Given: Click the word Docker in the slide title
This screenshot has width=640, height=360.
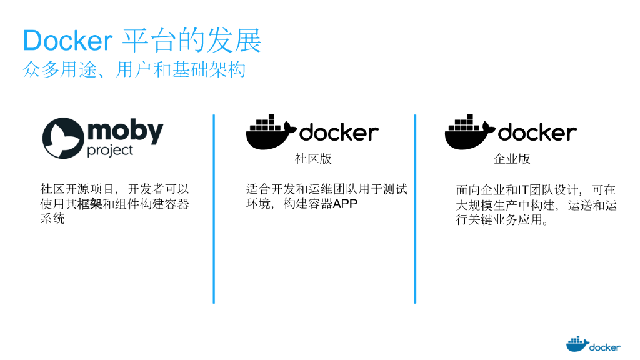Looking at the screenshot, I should [x=67, y=41].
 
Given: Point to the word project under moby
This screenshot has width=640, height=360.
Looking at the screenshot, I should [x=110, y=151].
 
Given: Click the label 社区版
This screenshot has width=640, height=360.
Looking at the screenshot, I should [x=313, y=159].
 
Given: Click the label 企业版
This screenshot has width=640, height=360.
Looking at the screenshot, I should [x=512, y=159].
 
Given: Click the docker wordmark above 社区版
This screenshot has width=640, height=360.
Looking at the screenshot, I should [x=339, y=132].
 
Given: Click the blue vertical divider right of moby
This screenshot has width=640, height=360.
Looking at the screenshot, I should [x=214, y=209].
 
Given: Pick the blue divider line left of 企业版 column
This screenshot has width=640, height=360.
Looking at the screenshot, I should [x=415, y=209].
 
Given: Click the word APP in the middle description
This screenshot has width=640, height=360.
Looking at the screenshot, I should [x=345, y=204].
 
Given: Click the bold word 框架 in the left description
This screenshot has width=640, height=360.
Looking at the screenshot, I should [x=90, y=204].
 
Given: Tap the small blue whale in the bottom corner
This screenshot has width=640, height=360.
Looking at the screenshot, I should [x=577, y=344].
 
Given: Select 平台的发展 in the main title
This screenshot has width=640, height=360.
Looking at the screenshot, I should [x=191, y=41].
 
